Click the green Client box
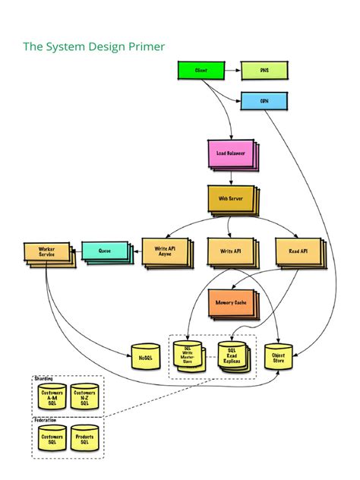click(202, 71)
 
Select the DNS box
click(264, 71)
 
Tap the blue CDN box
click(264, 100)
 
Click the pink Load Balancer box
click(230, 153)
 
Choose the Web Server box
click(230, 198)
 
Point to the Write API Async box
click(163, 251)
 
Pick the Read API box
click(298, 251)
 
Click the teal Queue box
click(105, 251)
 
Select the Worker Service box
click(46, 253)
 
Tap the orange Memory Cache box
click(231, 303)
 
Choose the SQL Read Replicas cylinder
click(232, 355)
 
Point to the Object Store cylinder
click(278, 356)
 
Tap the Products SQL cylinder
click(84, 440)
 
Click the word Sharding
click(46, 378)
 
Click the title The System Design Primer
click(93, 47)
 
